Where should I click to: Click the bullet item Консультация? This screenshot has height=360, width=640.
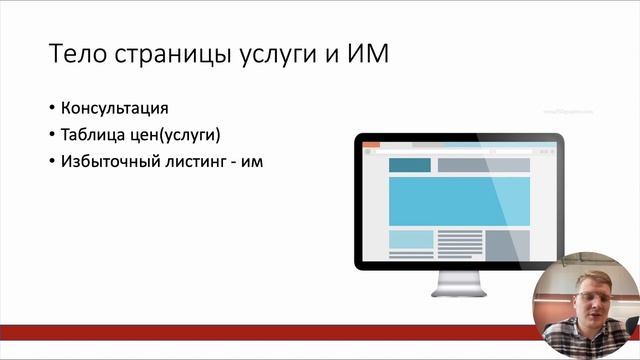[114, 108]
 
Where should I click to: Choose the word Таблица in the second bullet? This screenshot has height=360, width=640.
[93, 134]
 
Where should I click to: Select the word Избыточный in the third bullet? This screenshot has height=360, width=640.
[107, 160]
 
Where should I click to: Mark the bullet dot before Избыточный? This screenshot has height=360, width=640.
[51, 161]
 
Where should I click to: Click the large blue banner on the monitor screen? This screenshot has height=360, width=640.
[457, 201]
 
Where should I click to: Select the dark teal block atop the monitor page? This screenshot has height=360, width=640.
[409, 165]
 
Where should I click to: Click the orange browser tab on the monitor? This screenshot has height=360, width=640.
[372, 146]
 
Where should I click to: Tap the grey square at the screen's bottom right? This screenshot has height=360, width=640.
[506, 243]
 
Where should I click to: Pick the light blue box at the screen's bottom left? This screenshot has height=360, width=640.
[410, 239]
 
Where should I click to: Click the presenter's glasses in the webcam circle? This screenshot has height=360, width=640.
[589, 297]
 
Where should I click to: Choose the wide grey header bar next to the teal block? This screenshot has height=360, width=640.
[482, 165]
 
